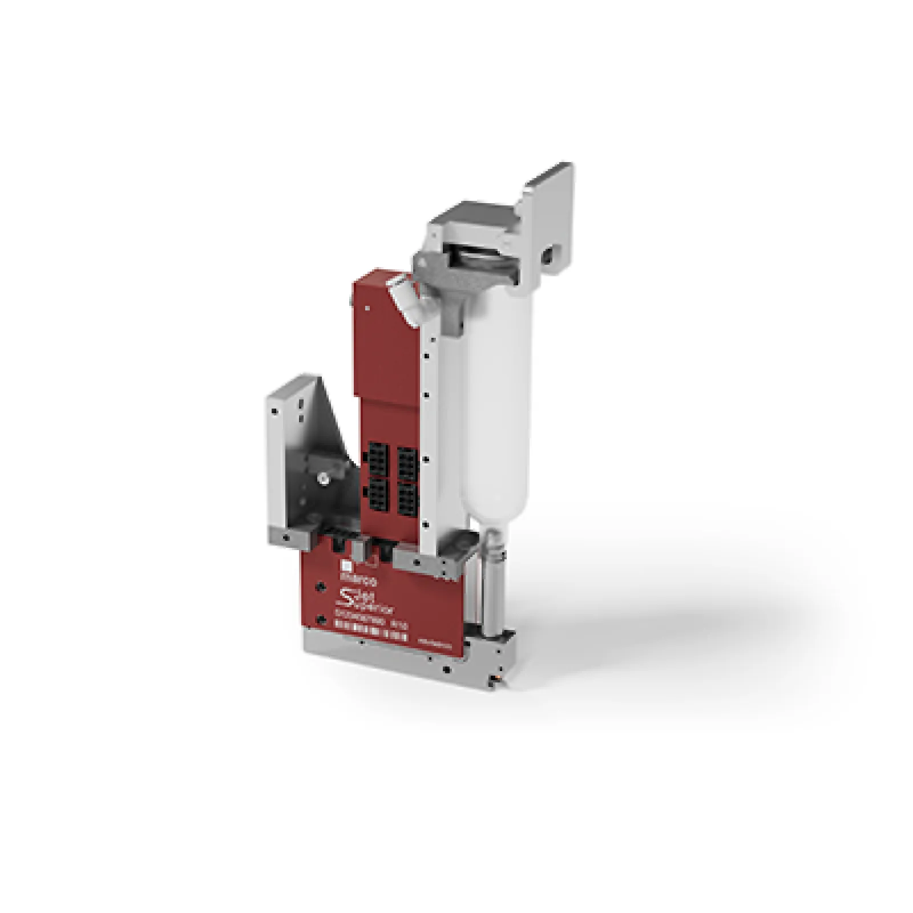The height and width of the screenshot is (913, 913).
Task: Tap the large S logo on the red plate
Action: [x=346, y=600]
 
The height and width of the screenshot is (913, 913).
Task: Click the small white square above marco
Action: [x=345, y=565]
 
